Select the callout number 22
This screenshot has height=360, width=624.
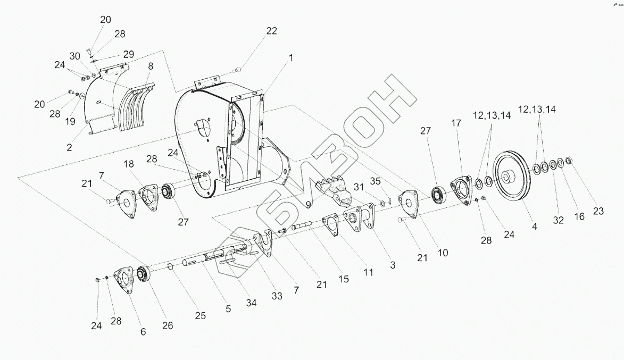(271, 31)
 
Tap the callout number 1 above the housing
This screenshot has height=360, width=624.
(291, 58)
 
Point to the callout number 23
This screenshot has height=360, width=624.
(598, 211)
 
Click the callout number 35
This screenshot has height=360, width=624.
(375, 181)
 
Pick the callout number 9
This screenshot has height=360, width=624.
(308, 205)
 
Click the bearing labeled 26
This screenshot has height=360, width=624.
(144, 274)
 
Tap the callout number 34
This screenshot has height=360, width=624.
(251, 303)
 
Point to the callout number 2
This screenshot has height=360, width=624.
(69, 148)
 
